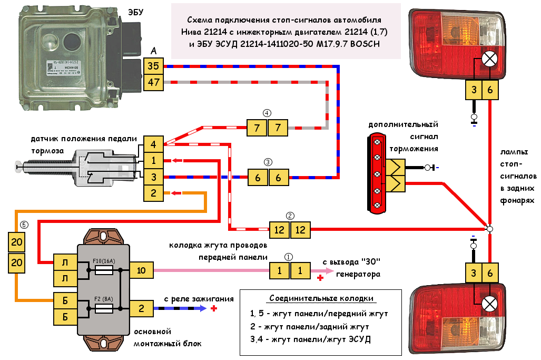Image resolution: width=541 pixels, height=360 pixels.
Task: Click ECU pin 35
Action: pyautogui.click(x=153, y=66)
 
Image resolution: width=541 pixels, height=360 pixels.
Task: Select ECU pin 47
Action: pyautogui.click(x=153, y=83)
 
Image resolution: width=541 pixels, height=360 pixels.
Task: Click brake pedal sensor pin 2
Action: pyautogui.click(x=153, y=193)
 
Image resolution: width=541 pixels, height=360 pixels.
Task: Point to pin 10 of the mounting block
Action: pyautogui.click(x=141, y=270)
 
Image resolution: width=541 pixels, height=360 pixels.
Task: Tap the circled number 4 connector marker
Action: pyautogui.click(x=267, y=113)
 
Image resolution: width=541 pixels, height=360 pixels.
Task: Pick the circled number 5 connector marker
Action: pyautogui.click(x=22, y=224)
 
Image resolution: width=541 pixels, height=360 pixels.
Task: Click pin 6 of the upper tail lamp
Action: pyautogui.click(x=490, y=91)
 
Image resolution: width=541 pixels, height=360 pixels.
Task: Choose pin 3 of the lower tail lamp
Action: pyautogui.click(x=474, y=273)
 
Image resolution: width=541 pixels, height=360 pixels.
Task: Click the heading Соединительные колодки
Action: pyautogui.click(x=308, y=298)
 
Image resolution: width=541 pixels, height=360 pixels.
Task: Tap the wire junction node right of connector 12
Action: pyautogui.click(x=490, y=229)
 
